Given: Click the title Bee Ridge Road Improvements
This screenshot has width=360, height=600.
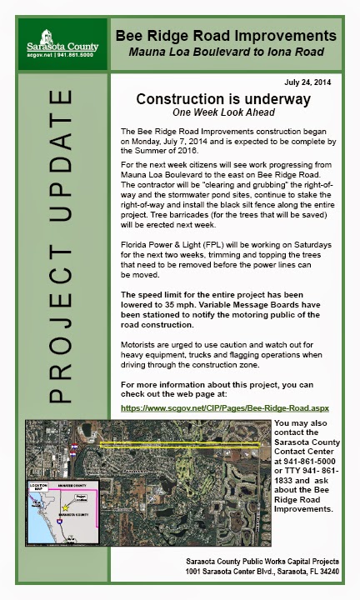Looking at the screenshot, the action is pos(226,36).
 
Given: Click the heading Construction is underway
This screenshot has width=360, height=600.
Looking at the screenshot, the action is pos(223,99).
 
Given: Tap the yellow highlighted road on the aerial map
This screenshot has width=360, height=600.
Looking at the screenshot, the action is pos(183,443).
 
